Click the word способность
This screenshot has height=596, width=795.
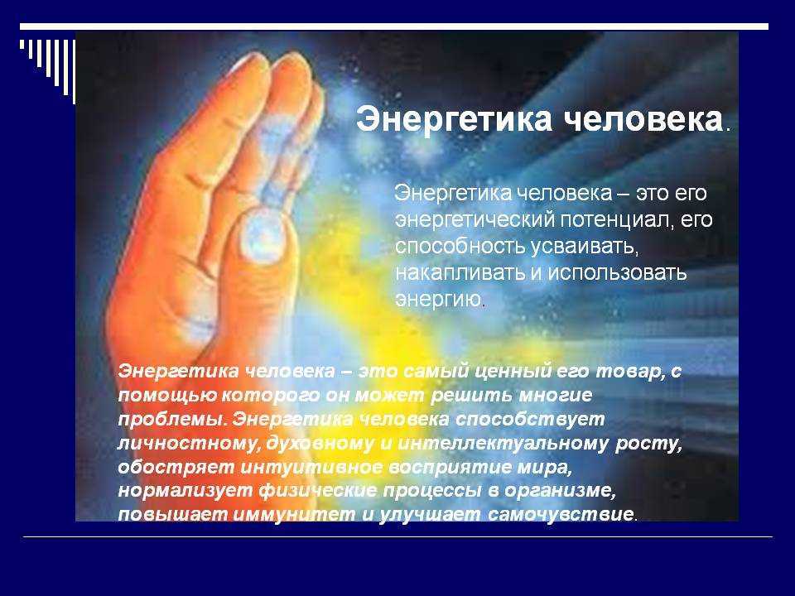point(460,247)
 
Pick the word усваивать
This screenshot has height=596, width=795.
point(583,248)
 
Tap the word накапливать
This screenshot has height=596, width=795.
point(460,273)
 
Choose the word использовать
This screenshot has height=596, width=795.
point(617,273)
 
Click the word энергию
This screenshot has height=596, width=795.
point(438,300)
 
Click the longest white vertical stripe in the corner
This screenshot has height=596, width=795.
point(74,72)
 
